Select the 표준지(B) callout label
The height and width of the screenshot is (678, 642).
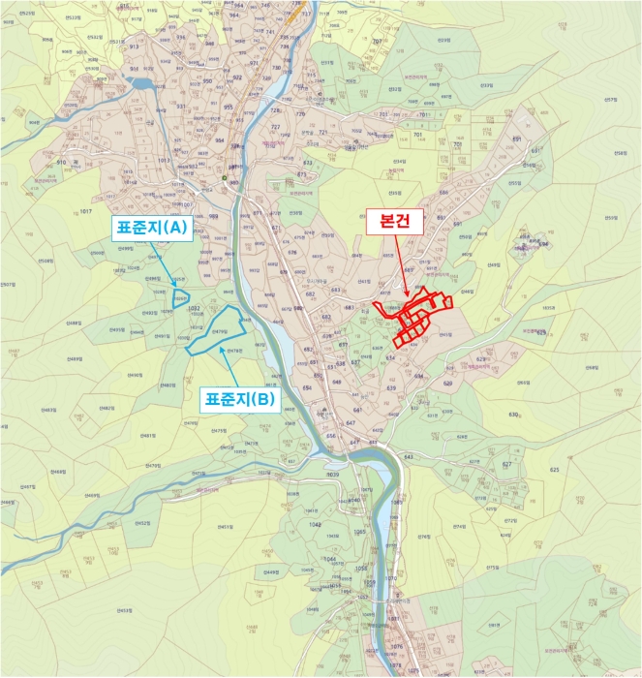(x=237, y=398)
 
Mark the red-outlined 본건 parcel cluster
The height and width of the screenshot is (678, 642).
(x=414, y=315)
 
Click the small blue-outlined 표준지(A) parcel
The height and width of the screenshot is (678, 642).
(x=179, y=298)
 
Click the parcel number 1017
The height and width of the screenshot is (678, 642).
(x=85, y=211)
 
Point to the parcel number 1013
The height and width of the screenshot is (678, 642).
(x=136, y=160)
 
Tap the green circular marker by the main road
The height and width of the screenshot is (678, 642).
(x=225, y=178)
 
